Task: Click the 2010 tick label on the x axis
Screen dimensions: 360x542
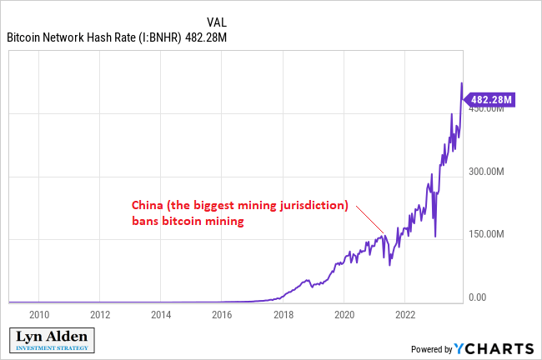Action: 39,316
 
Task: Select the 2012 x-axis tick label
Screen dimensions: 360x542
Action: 100,316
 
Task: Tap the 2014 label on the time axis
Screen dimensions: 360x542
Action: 161,316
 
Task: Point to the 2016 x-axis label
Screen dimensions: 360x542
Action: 222,316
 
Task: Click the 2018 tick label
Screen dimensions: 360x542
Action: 283,316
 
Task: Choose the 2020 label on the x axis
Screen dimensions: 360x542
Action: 344,316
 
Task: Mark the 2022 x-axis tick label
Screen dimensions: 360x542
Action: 404,316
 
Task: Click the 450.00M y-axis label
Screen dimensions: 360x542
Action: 487,108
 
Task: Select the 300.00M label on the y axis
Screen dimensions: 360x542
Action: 487,172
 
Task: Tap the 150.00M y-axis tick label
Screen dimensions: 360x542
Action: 487,234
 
